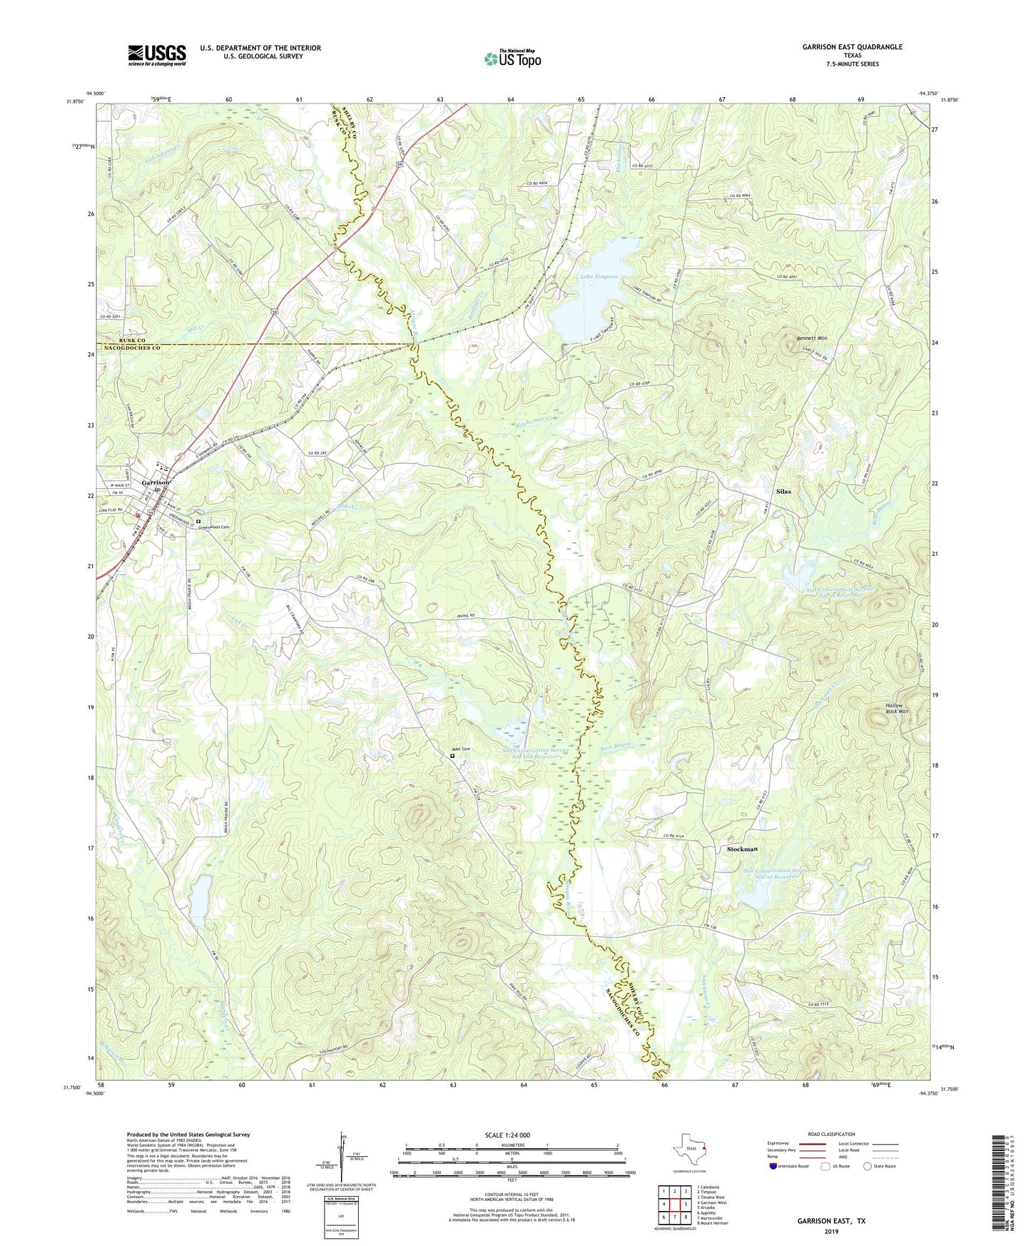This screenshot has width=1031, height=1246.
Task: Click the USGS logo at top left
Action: (x=156, y=55)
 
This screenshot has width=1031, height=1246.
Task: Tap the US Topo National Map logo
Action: (x=512, y=58)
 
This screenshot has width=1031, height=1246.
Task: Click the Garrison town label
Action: (x=156, y=482)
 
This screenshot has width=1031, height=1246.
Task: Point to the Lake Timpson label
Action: (x=599, y=276)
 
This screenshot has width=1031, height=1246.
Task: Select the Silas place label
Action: (x=783, y=492)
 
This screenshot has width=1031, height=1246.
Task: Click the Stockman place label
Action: (x=742, y=849)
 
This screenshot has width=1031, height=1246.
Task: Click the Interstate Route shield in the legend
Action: (x=774, y=1166)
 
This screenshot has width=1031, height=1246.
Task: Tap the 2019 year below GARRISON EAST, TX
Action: (x=831, y=1231)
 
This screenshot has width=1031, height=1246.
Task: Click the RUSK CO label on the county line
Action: (x=123, y=340)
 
